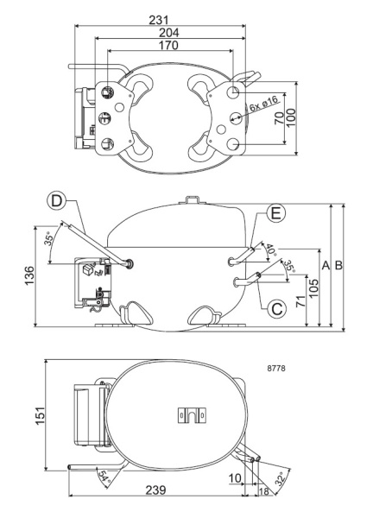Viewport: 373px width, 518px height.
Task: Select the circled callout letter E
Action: click(275, 212)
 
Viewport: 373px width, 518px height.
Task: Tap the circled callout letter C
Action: click(275, 306)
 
